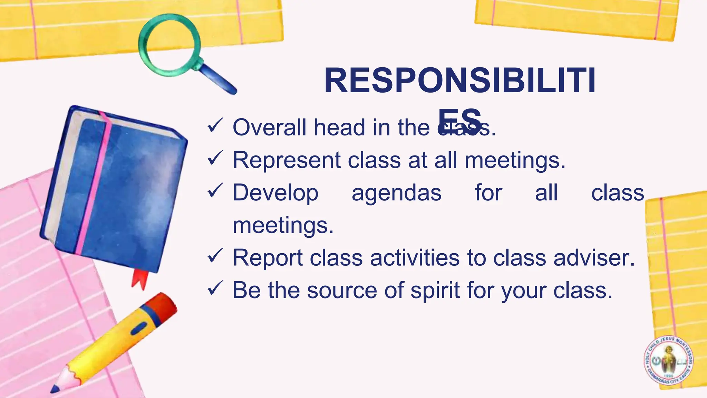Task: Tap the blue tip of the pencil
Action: [x=55, y=389]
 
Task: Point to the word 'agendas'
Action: [x=396, y=193]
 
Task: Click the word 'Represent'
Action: [x=287, y=160]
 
